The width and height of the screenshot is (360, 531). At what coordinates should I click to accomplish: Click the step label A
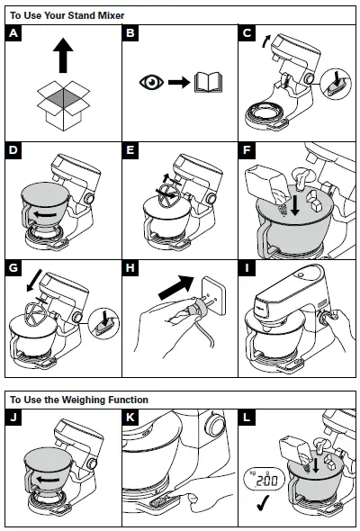pos(13,35)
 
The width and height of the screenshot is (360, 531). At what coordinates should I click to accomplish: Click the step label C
pos(249,35)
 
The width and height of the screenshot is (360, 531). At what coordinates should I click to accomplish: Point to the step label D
pos(13,150)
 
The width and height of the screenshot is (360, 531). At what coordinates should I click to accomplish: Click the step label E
pos(131,150)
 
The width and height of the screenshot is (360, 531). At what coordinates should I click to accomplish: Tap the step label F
pos(249,150)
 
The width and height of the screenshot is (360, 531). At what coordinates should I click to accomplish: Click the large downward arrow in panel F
pos(293,204)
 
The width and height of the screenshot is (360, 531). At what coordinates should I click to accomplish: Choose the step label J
pos(13,418)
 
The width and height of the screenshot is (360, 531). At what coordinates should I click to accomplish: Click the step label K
pos(131,418)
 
